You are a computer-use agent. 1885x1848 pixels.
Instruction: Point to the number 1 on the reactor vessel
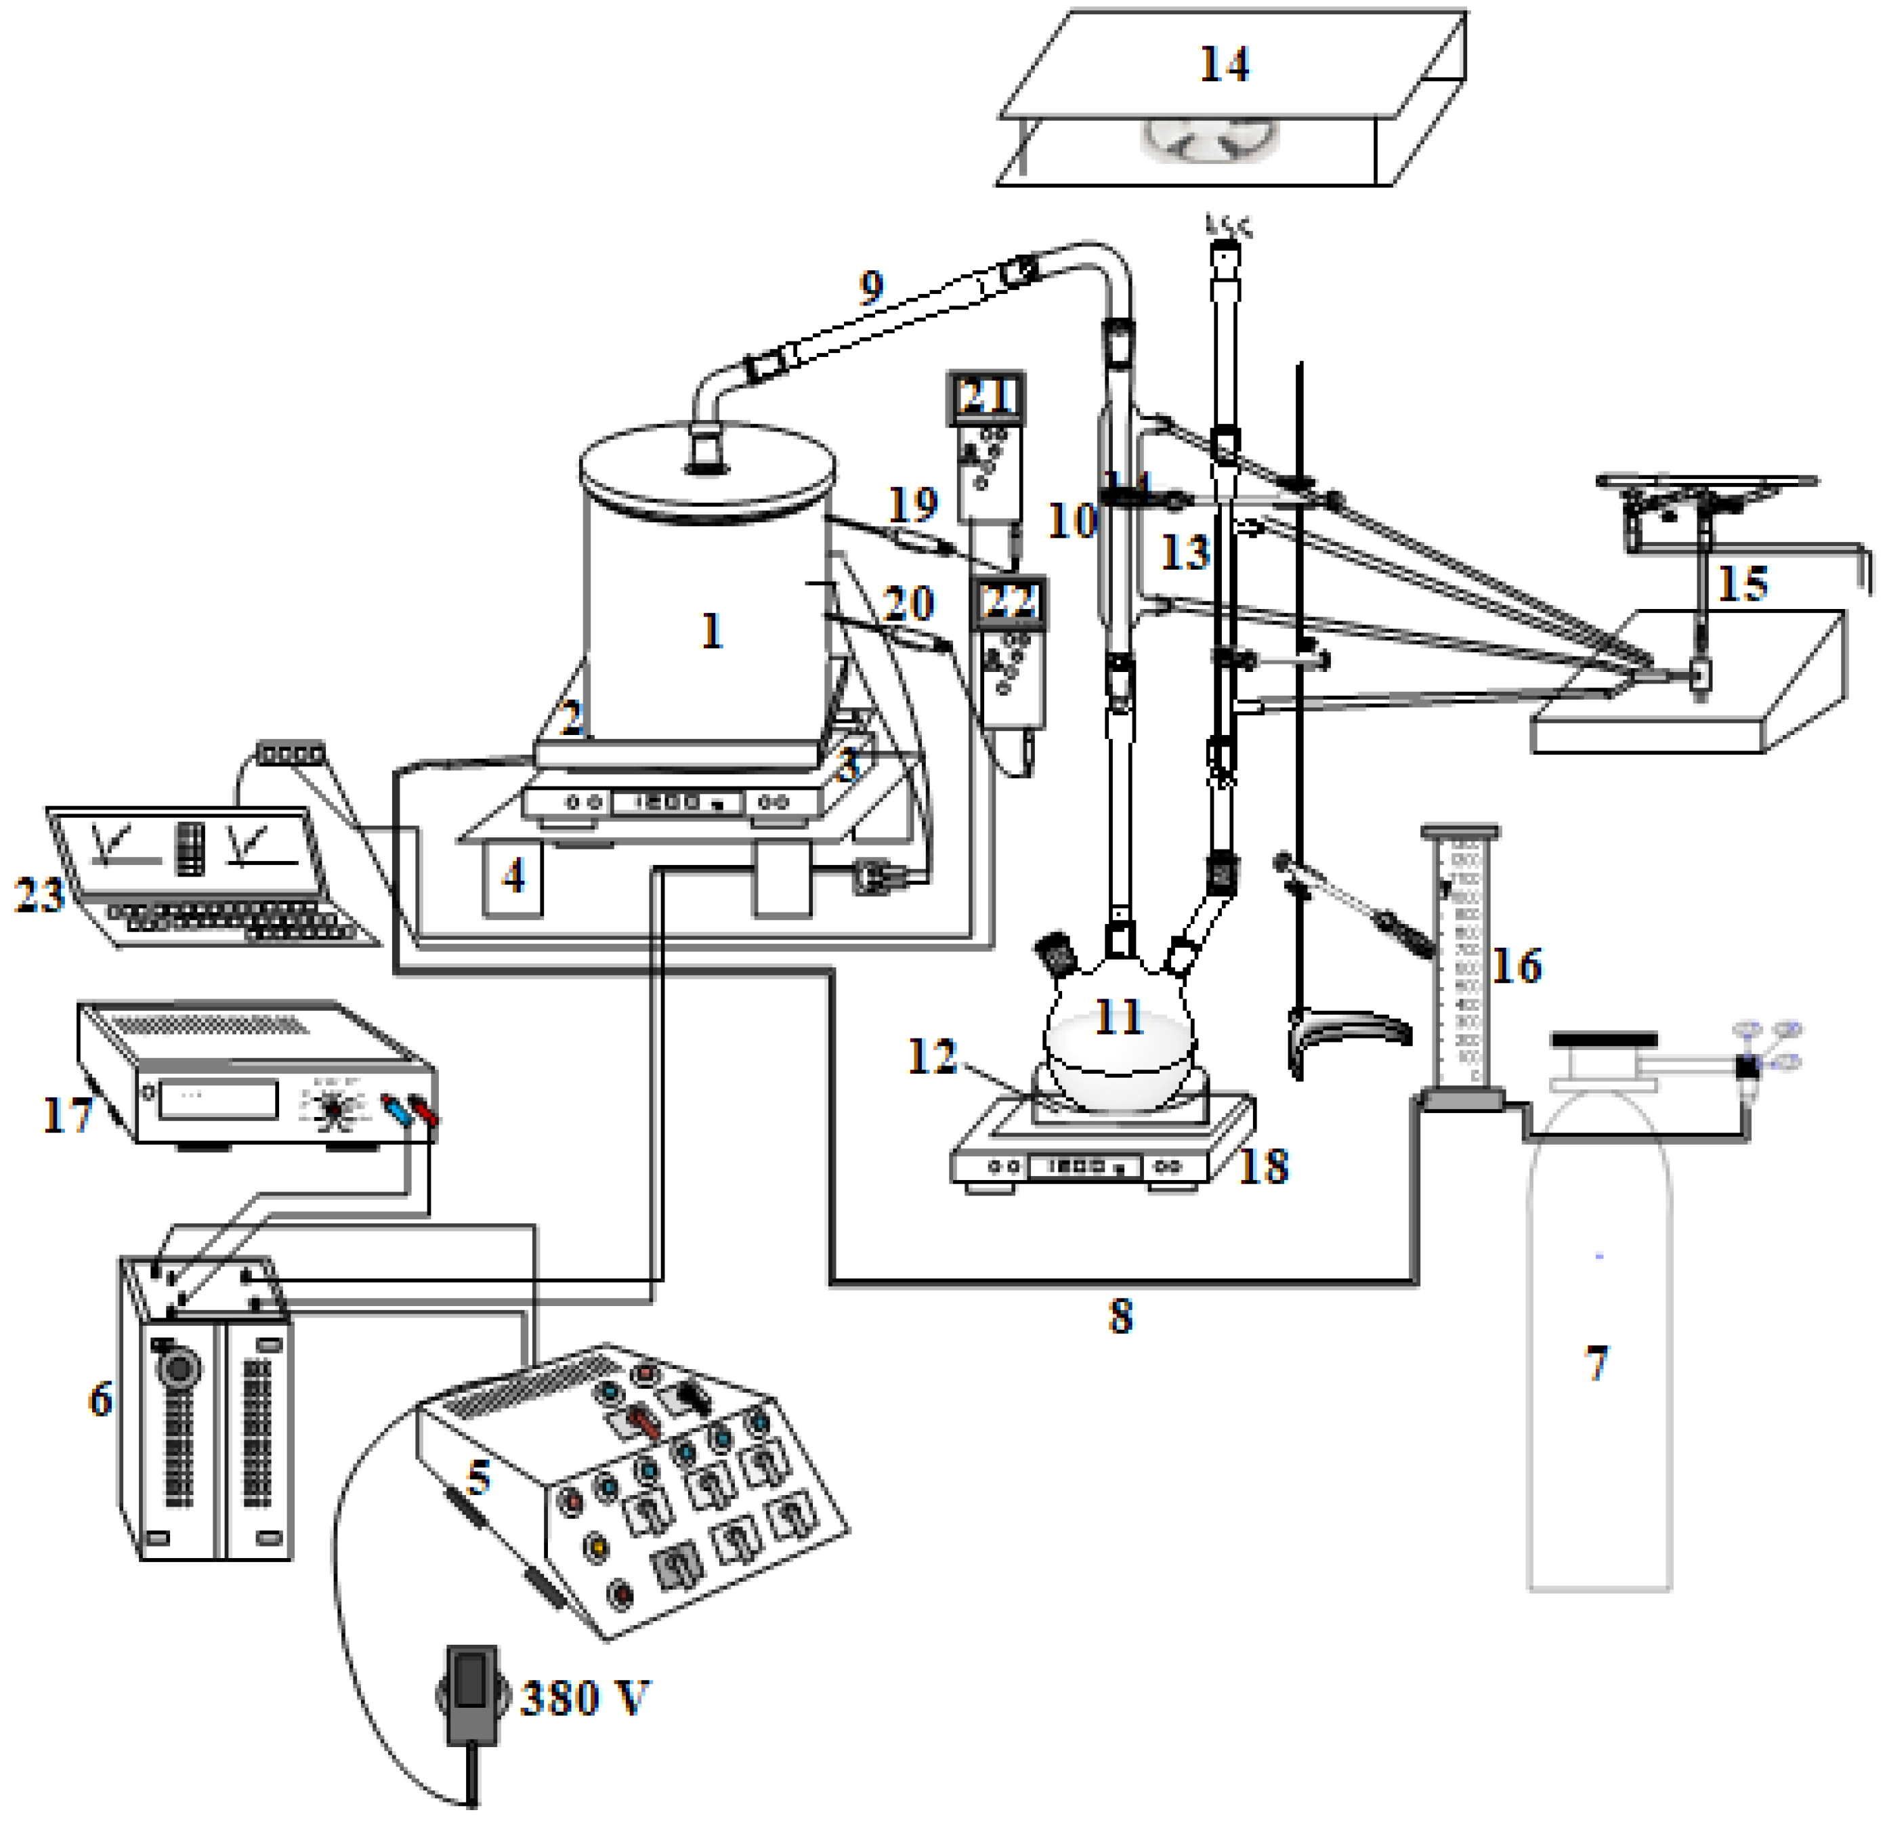tap(711, 632)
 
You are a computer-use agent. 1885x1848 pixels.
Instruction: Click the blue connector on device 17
tap(396, 1108)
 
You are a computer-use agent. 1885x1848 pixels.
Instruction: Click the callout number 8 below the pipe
tap(1120, 1317)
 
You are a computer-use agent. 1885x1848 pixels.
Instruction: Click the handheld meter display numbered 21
tap(986, 396)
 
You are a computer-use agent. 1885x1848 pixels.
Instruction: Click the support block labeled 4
tap(513, 879)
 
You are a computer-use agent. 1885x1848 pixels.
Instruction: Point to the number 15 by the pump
tap(1742, 583)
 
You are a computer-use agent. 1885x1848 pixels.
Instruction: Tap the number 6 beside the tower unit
tap(100, 1400)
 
